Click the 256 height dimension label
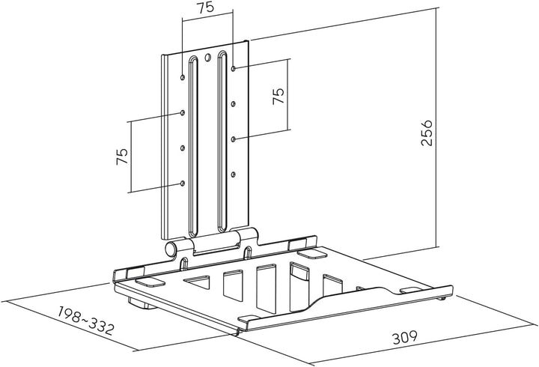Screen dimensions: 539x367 427,133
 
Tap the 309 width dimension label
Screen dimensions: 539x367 405,337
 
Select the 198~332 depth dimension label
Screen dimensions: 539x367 85,321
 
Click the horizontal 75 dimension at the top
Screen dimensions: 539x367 206,7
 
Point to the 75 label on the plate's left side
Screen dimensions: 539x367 122,157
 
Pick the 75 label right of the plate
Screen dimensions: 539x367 278,96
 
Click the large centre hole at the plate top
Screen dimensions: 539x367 207,58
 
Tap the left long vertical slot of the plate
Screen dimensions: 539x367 194,146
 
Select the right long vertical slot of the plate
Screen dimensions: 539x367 222,142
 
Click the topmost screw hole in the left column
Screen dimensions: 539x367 183,77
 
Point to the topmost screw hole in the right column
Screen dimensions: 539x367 234,68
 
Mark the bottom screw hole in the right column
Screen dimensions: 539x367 234,175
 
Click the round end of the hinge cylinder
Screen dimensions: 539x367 170,249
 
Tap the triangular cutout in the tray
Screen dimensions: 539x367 198,282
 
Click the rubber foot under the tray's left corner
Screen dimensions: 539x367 141,304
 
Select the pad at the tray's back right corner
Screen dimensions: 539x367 312,254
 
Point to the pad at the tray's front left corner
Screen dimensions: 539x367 150,282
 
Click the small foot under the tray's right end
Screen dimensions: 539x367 442,298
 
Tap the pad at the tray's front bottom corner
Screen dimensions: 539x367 249,319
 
